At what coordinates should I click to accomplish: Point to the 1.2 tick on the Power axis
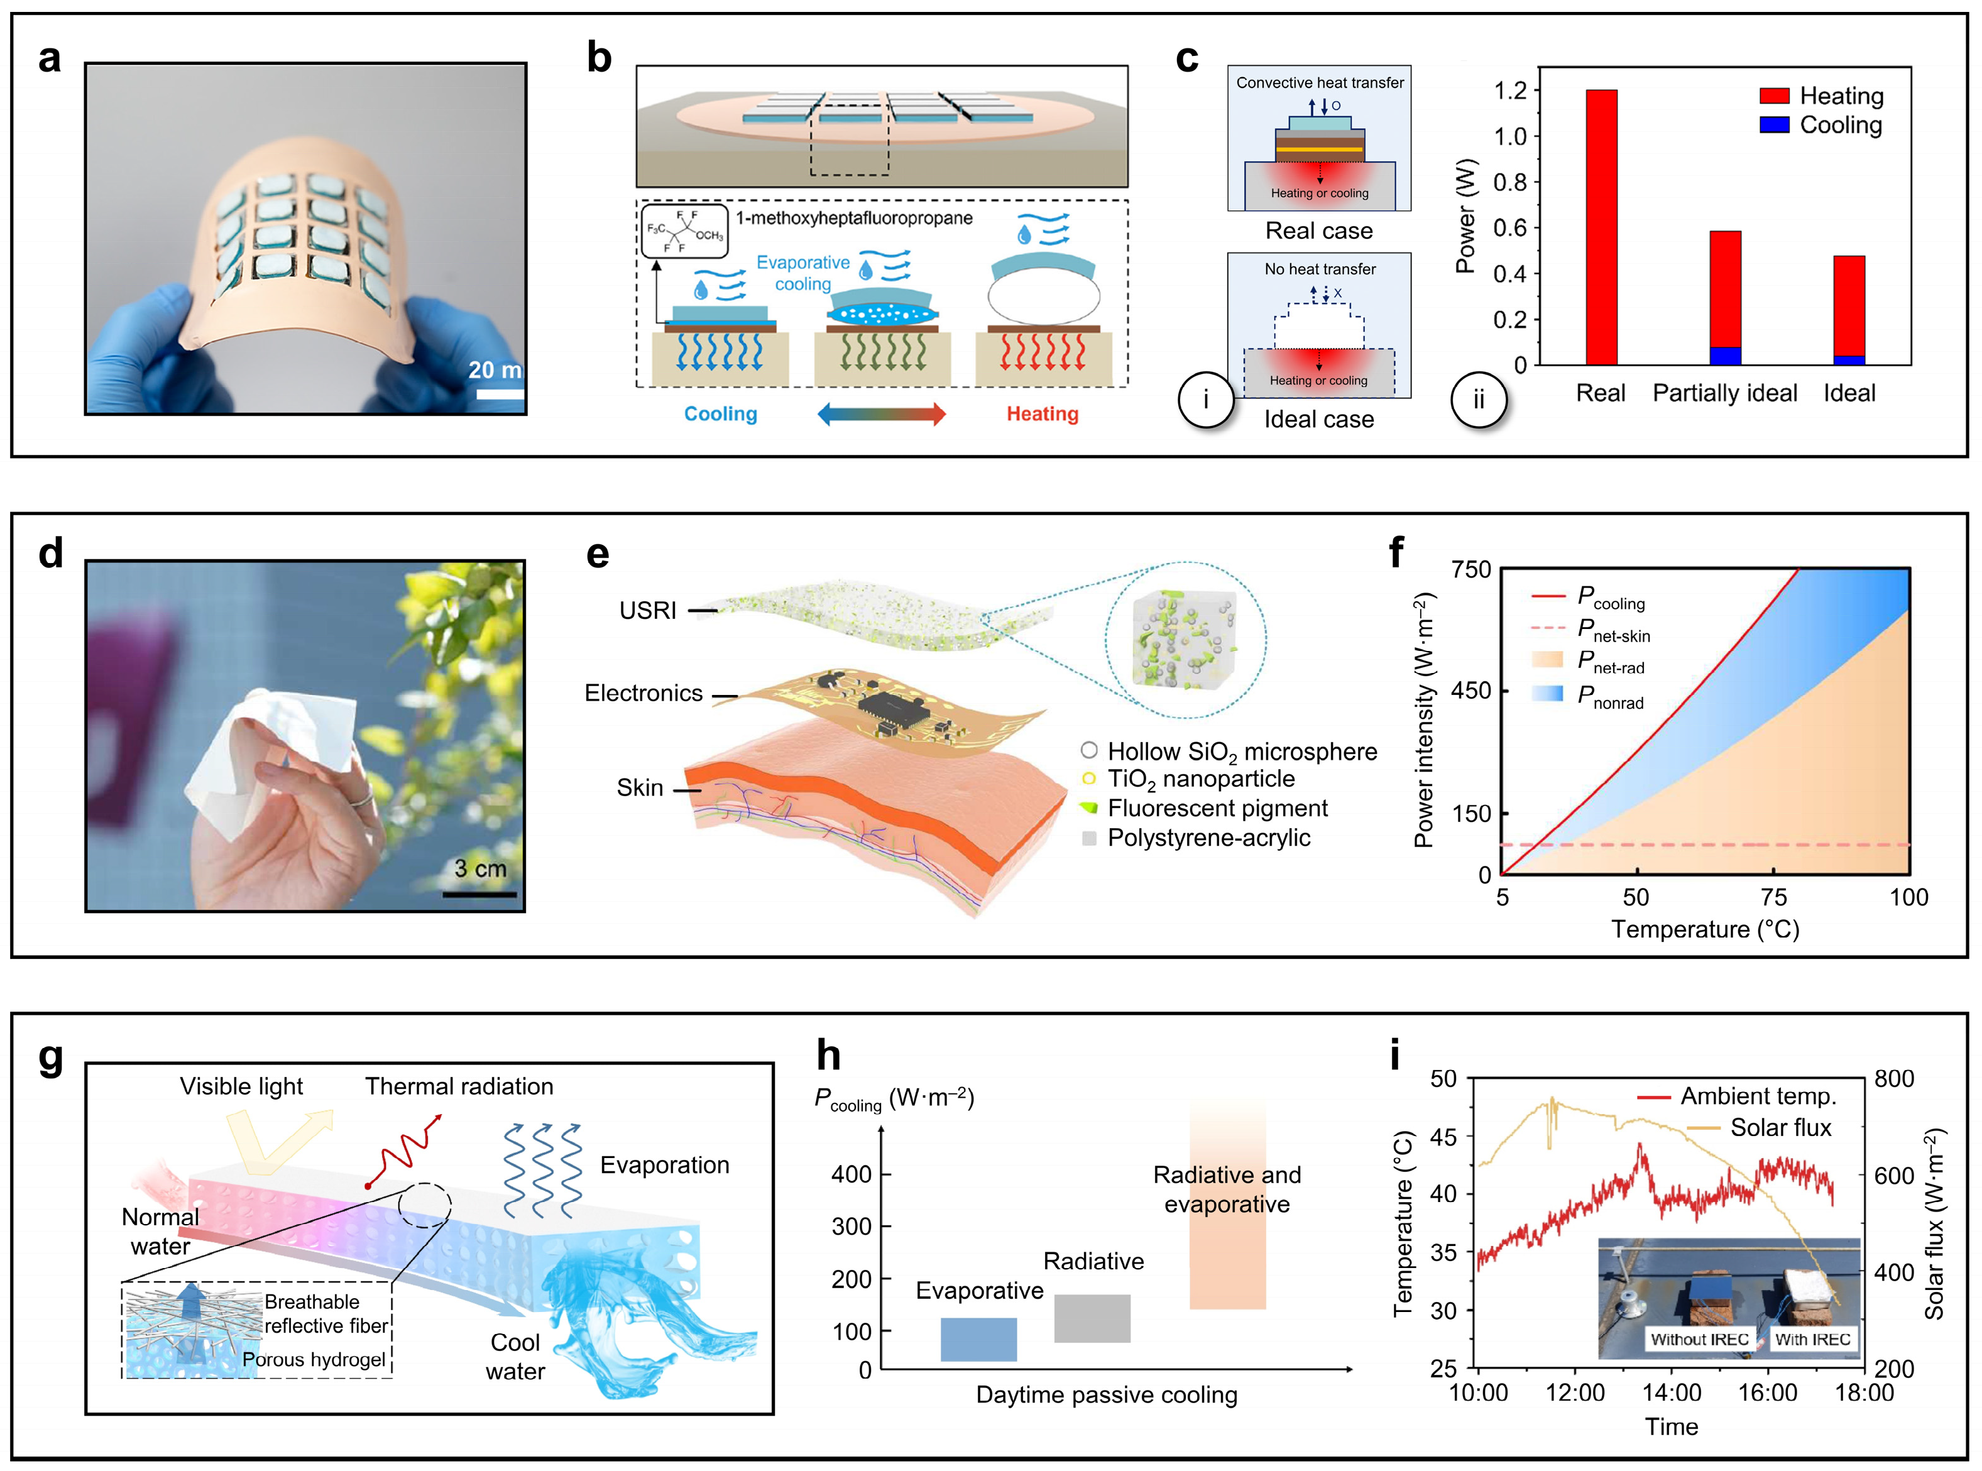click(x=1510, y=90)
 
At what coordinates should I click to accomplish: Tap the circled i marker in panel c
click(x=1205, y=400)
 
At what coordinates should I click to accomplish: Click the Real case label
click(x=1318, y=231)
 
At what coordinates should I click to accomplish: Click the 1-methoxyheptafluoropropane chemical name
click(x=853, y=218)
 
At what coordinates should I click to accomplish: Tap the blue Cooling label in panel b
click(x=720, y=414)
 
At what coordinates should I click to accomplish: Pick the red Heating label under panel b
click(x=1042, y=414)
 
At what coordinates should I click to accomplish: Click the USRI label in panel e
click(x=647, y=611)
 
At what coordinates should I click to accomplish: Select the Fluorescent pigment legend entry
click(x=1216, y=809)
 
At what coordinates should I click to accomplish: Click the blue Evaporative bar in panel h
click(x=978, y=1338)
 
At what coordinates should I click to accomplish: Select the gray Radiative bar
click(x=1092, y=1318)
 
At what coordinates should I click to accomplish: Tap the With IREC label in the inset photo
click(x=1811, y=1339)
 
